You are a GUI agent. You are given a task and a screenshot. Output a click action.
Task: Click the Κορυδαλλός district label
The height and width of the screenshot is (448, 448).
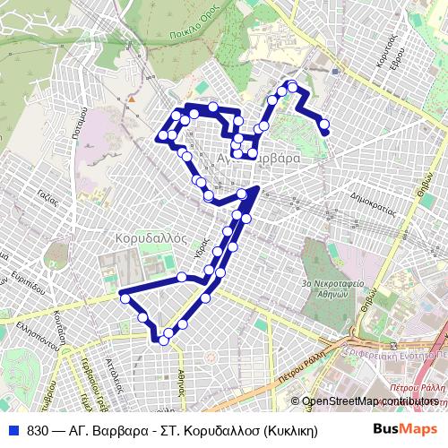pyautogui.click(x=151, y=238)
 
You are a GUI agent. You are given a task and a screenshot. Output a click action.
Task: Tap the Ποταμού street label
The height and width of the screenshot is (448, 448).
pyautogui.click(x=78, y=123)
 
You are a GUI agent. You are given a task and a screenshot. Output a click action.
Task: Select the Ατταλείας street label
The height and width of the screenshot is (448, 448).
pyautogui.click(x=114, y=369)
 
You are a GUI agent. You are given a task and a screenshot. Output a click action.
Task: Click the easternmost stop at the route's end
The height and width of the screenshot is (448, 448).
pyautogui.click(x=324, y=133)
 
